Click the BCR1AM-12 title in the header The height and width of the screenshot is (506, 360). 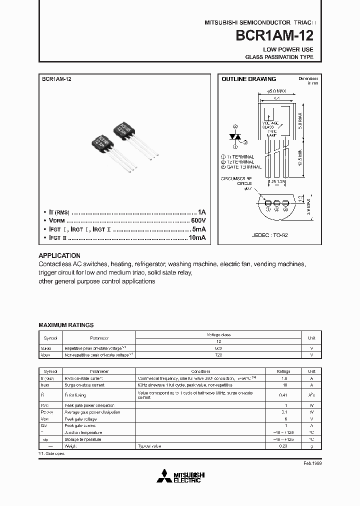click(278, 36)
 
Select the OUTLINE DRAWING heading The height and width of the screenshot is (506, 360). click(248, 79)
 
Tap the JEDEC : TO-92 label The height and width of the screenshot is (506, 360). click(269, 234)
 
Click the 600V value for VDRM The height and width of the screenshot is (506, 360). click(198, 220)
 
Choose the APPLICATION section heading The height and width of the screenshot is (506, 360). click(59, 255)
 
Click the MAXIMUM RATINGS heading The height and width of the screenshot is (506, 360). click(66, 325)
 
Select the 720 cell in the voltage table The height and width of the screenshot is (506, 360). click(218, 354)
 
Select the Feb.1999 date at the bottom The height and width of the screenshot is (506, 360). click(312, 464)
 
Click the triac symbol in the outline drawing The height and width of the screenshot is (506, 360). click(236, 136)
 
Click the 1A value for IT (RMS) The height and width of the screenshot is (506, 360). click(201, 212)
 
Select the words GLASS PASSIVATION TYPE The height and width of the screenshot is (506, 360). click(279, 57)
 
